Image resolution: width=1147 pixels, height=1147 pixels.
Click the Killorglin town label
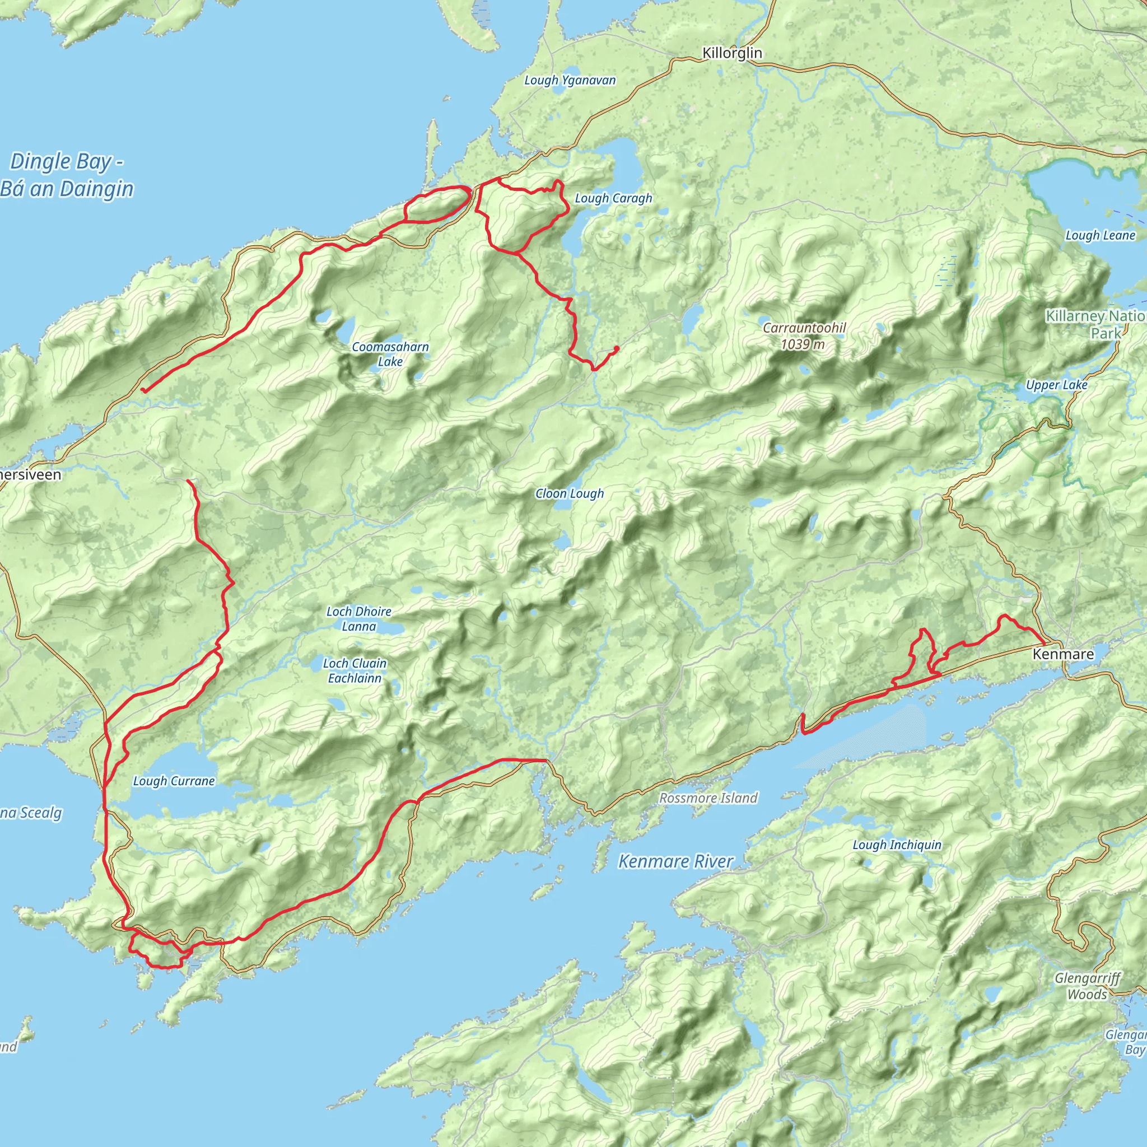pyautogui.click(x=731, y=53)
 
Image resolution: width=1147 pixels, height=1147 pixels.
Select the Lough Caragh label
pyautogui.click(x=613, y=198)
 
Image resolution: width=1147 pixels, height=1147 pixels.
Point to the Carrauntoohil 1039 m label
pyautogui.click(x=804, y=336)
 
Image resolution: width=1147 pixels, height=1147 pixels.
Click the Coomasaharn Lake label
pyautogui.click(x=390, y=354)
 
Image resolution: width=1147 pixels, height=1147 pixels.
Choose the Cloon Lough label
pyautogui.click(x=570, y=493)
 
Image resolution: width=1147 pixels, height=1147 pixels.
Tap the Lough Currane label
pyautogui.click(x=174, y=781)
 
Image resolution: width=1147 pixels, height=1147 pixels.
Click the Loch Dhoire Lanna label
pyautogui.click(x=358, y=619)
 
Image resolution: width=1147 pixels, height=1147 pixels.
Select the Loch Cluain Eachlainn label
pyautogui.click(x=355, y=670)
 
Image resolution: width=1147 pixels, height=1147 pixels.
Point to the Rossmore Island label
pyautogui.click(x=708, y=798)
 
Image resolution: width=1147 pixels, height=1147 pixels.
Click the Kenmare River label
pyautogui.click(x=675, y=861)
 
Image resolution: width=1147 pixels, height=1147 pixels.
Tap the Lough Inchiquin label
pyautogui.click(x=897, y=845)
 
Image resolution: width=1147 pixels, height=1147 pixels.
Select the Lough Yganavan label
pyautogui.click(x=570, y=80)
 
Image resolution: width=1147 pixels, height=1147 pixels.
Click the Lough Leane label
pyautogui.click(x=1100, y=235)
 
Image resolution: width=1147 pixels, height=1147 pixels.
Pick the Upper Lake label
pyautogui.click(x=1057, y=385)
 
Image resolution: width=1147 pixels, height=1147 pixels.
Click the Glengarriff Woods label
pyautogui.click(x=1087, y=986)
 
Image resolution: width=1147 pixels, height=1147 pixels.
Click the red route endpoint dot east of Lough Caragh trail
pyautogui.click(x=617, y=348)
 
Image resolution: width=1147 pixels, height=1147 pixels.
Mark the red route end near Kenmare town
pyautogui.click(x=1045, y=644)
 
